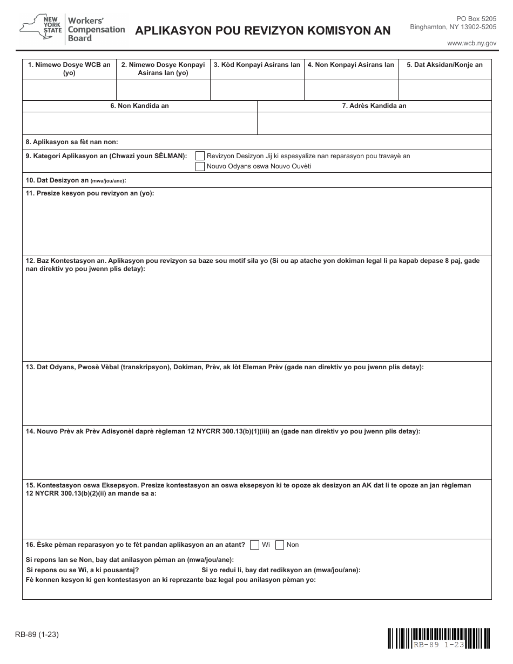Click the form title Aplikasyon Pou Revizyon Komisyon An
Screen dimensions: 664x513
pyautogui.click(x=262, y=31)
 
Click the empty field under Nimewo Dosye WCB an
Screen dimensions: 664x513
pyautogui.click(x=69, y=90)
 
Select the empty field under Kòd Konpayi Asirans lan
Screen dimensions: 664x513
pyautogui.click(x=256, y=90)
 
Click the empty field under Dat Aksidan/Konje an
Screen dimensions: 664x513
pyautogui.click(x=444, y=90)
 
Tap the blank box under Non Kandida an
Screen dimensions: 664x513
pyautogui.click(x=139, y=123)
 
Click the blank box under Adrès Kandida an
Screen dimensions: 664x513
pyautogui.click(x=374, y=123)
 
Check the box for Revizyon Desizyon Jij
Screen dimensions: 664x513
pyautogui.click(x=200, y=156)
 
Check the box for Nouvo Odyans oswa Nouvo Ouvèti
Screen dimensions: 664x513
pyautogui.click(x=200, y=166)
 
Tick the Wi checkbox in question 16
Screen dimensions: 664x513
pyautogui.click(x=255, y=545)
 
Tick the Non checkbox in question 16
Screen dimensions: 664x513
pyautogui.click(x=280, y=545)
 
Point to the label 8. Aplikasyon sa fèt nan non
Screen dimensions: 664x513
pyautogui.click(x=72, y=142)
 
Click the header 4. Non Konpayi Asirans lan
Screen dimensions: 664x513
pyautogui.click(x=350, y=65)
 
